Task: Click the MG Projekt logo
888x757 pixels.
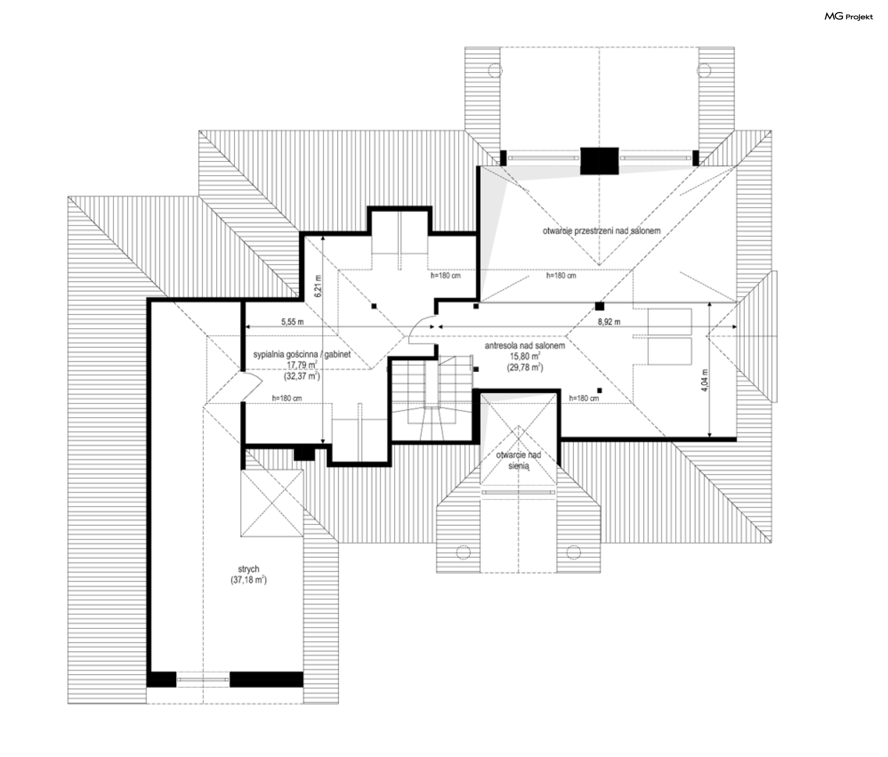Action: (849, 17)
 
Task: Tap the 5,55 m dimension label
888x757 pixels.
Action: (292, 322)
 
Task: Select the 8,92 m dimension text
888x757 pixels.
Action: (609, 322)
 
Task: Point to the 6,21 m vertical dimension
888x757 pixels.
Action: (317, 286)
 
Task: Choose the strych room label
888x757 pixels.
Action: (249, 569)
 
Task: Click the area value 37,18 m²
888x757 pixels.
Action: (249, 580)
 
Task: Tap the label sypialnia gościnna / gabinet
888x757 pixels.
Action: (302, 354)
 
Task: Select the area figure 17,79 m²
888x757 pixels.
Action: (302, 365)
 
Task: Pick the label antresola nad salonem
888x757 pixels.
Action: (525, 345)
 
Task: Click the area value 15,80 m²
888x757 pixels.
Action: (525, 357)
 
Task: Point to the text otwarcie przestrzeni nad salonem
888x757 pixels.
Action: (602, 230)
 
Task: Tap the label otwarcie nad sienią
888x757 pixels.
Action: (518, 460)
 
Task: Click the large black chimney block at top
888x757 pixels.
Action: (599, 161)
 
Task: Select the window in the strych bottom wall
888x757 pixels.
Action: (203, 679)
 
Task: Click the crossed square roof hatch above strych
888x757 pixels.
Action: (272, 504)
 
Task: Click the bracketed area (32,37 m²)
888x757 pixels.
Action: (302, 376)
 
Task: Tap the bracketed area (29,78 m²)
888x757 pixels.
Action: (525, 368)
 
